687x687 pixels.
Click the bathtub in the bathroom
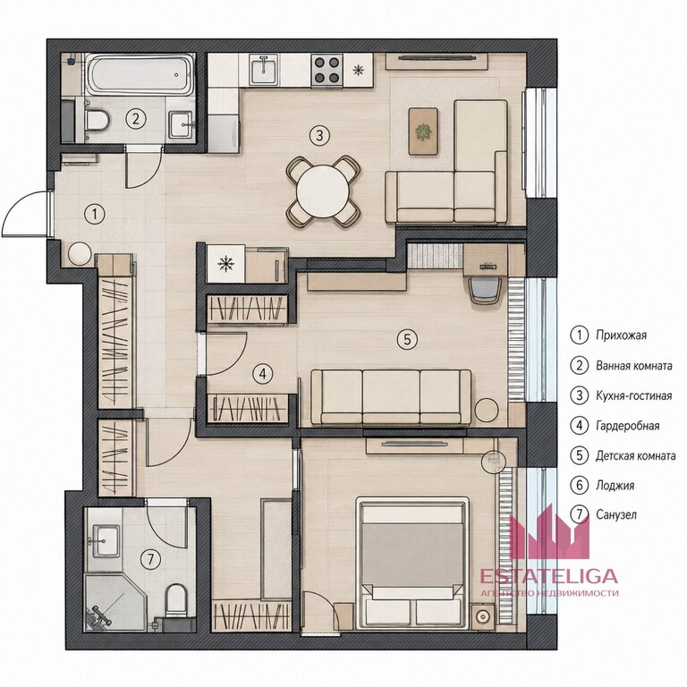pos(140,73)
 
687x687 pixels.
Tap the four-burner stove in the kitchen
pos(327,70)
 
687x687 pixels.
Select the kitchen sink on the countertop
pos(264,69)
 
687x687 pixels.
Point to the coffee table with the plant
pos(423,131)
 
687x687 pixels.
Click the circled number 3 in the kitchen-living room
pos(319,135)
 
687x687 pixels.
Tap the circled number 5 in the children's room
pos(407,339)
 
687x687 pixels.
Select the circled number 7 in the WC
pos(150,559)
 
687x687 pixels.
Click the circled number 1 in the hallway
pos(95,215)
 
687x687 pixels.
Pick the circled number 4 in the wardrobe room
pos(262,374)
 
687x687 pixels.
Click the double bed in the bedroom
pos(412,563)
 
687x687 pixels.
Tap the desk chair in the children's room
pos(486,289)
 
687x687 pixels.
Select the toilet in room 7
pos(176,598)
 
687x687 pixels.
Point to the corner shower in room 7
pos(114,603)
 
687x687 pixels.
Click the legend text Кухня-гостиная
pos(633,395)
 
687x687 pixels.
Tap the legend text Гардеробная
pos(627,426)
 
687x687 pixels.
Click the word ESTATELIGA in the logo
pos(549,576)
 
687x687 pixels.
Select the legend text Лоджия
pos(615,486)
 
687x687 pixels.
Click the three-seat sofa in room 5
pos(391,397)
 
